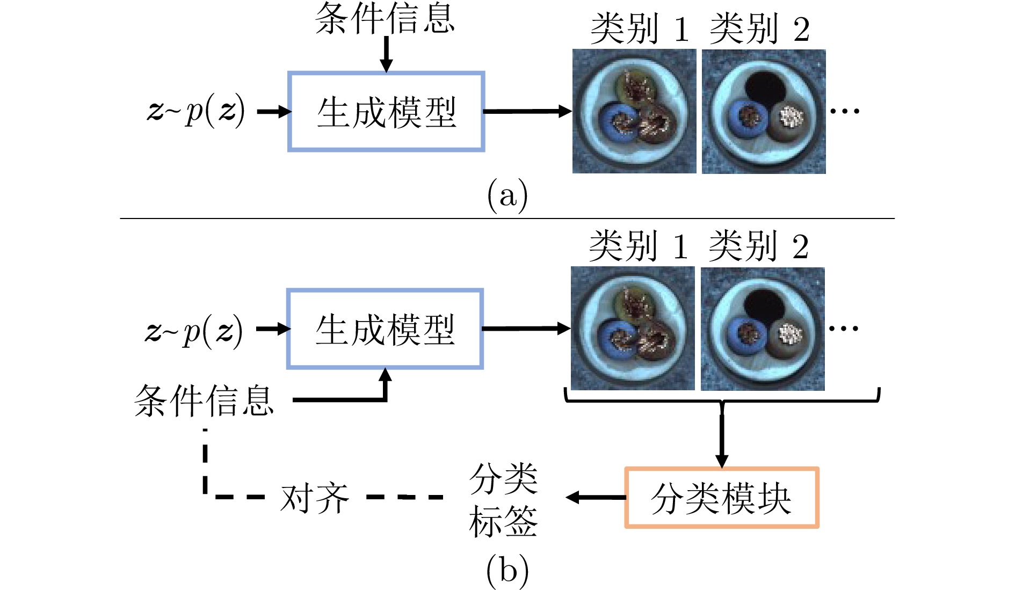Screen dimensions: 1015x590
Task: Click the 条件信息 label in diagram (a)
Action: coord(385,18)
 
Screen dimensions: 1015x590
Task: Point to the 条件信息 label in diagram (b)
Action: coord(204,400)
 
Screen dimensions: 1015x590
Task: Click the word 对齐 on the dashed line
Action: coord(315,498)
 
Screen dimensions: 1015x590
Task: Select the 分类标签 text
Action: coord(503,500)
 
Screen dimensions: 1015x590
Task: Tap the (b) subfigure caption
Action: coord(507,571)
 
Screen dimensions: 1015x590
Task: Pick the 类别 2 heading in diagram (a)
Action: coord(759,28)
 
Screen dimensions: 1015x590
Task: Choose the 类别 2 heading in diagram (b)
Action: coord(758,246)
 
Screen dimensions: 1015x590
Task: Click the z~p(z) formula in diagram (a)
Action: coord(196,111)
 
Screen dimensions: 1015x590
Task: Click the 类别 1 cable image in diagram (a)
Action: coord(634,111)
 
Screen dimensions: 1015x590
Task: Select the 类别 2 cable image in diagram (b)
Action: coord(763,329)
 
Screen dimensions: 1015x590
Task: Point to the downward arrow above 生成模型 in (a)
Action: coord(386,54)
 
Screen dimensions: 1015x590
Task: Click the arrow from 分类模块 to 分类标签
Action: coord(596,498)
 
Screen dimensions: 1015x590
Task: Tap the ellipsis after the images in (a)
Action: coord(845,111)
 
